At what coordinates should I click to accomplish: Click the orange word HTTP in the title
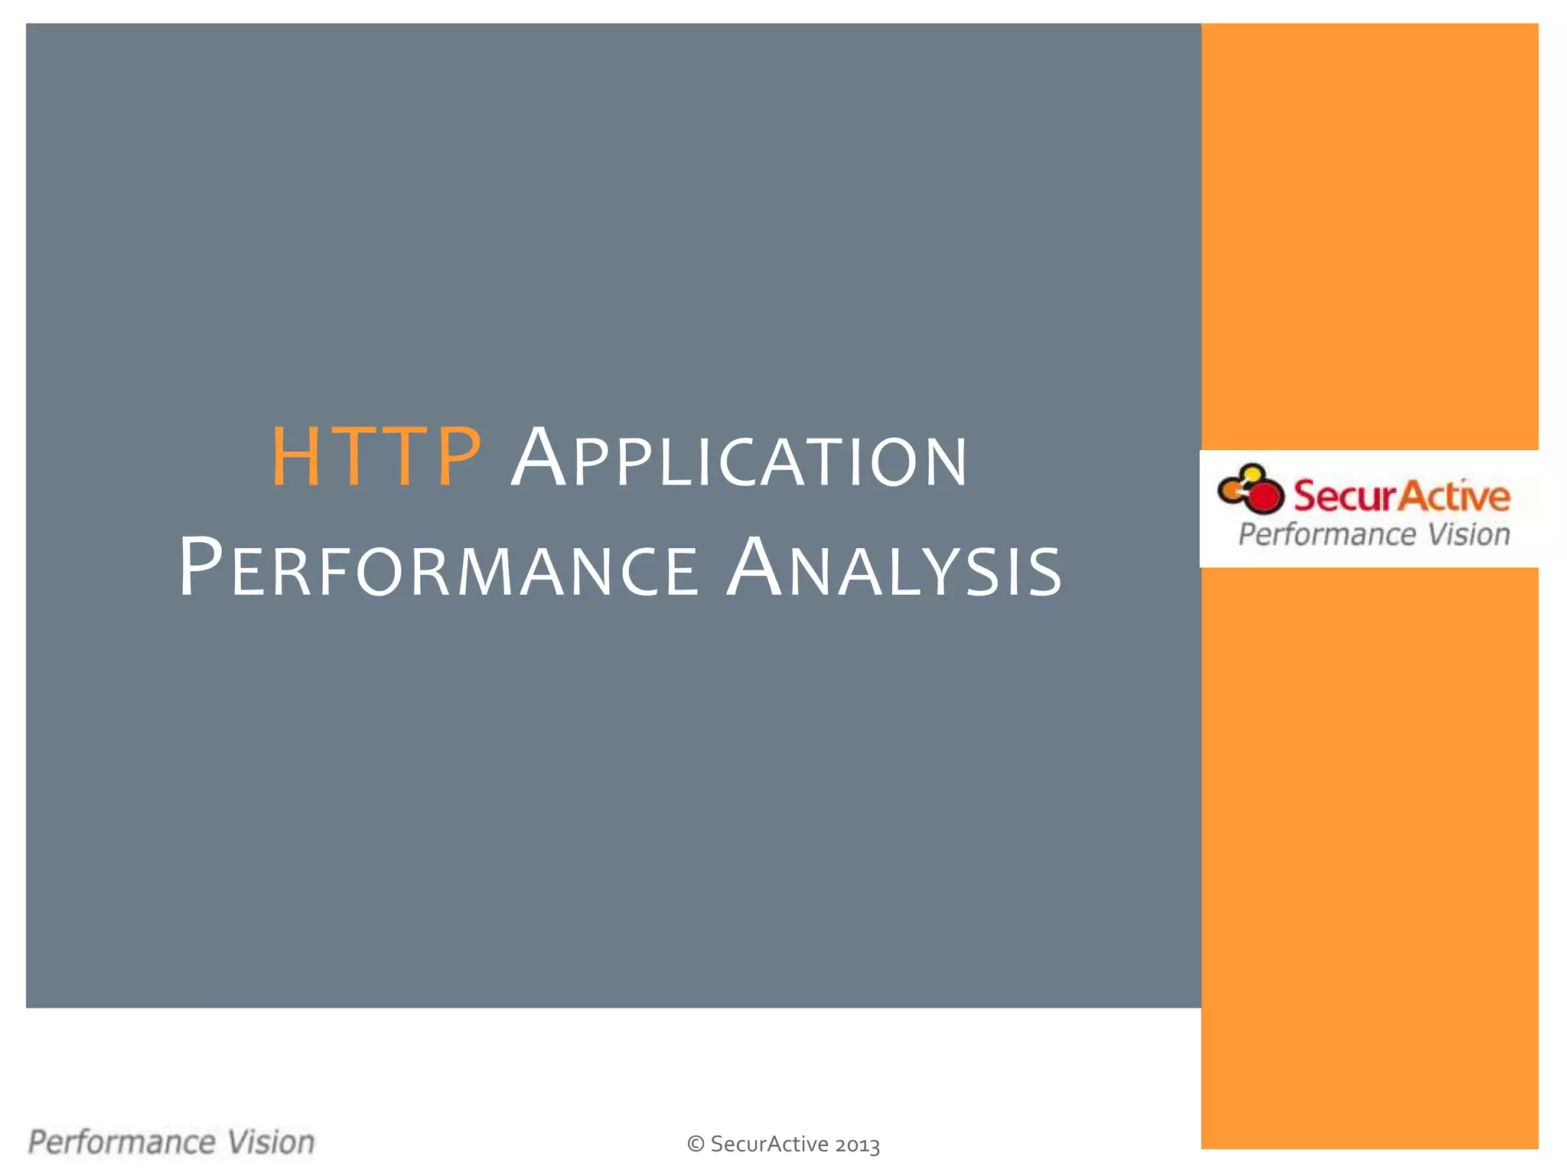[x=376, y=457]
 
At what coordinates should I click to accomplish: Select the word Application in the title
[x=739, y=459]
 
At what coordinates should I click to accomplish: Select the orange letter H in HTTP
[x=295, y=457]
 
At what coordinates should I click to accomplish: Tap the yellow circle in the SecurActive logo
[x=1253, y=474]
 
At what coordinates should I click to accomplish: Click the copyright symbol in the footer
[x=696, y=1144]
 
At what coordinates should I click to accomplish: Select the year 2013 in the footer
[x=857, y=1145]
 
